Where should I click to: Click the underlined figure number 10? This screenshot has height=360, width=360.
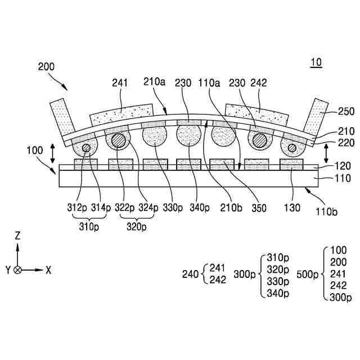pyautogui.click(x=316, y=63)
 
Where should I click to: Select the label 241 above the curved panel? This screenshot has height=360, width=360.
pyautogui.click(x=120, y=83)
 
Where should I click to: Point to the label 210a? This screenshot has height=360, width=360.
pyautogui.click(x=154, y=83)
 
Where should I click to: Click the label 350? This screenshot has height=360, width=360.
pyautogui.click(x=259, y=208)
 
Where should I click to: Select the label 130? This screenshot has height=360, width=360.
pyautogui.click(x=292, y=208)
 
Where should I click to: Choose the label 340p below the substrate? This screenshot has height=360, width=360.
pyautogui.click(x=200, y=208)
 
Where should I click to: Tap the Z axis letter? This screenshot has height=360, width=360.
pyautogui.click(x=18, y=235)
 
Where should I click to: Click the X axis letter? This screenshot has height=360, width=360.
pyautogui.click(x=48, y=270)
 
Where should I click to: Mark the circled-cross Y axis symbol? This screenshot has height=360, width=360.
pyautogui.click(x=18, y=270)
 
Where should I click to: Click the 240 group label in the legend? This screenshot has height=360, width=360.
pyautogui.click(x=190, y=274)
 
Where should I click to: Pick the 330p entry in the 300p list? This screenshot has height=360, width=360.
pyautogui.click(x=278, y=281)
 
